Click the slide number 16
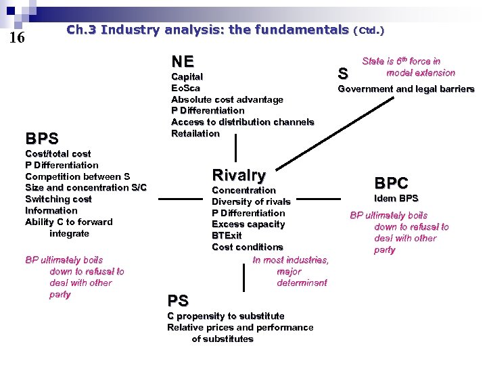point(17,38)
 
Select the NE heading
point(182,61)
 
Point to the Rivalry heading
point(239,175)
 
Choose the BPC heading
point(392,182)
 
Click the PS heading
point(178,300)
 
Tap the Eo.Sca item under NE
point(185,88)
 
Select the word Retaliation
point(195,133)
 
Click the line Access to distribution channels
point(242,122)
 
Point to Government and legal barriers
point(406,89)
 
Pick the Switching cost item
point(58,199)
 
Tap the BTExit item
point(227,235)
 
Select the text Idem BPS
point(396,198)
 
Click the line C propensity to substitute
point(225,316)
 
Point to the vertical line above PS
point(243,278)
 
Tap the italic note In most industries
point(290,260)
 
